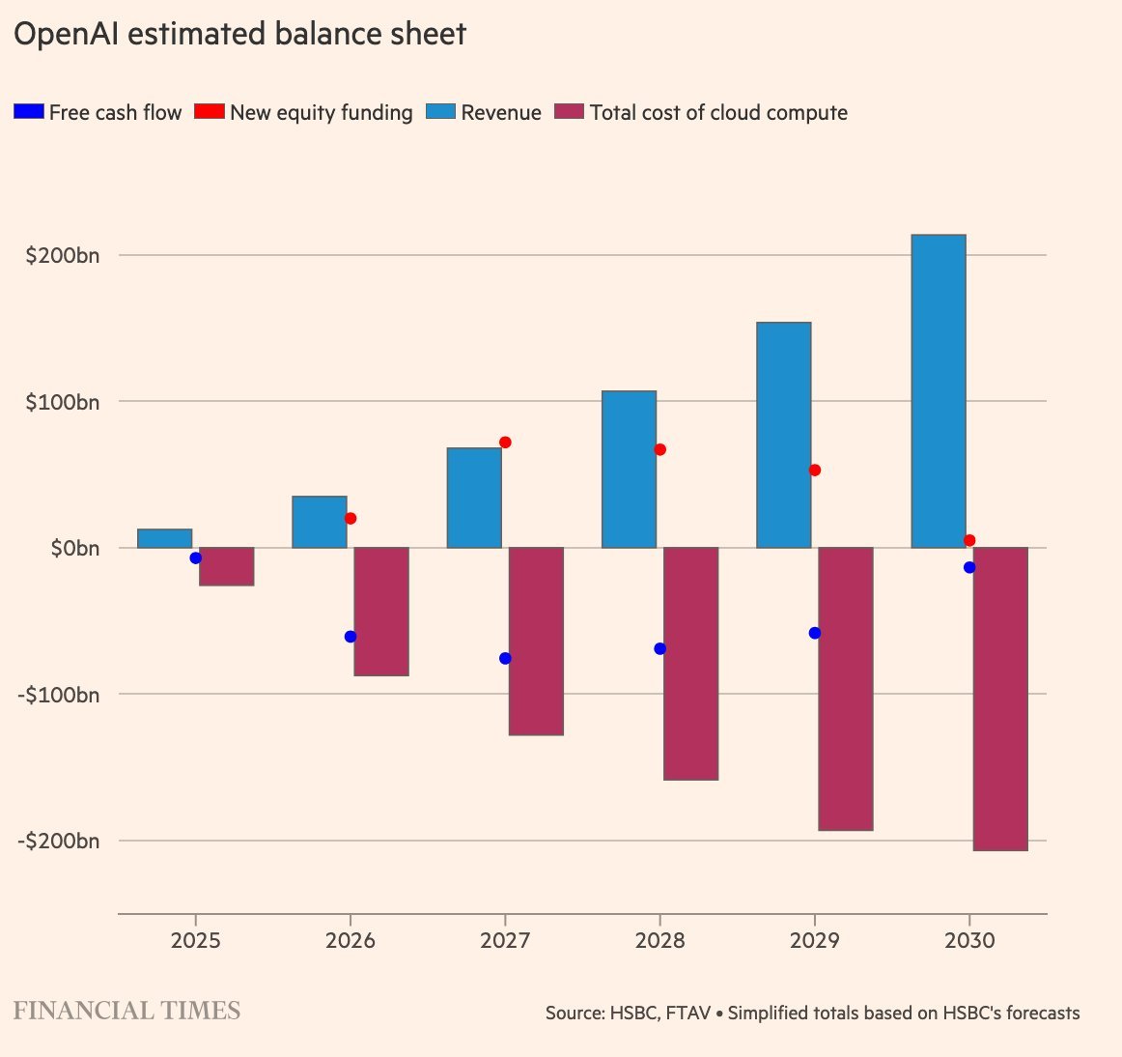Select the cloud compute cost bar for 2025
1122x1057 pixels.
pos(227,566)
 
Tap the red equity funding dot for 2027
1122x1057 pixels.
pos(505,443)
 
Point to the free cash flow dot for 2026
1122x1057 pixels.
pos(351,637)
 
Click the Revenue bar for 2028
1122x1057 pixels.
pos(629,470)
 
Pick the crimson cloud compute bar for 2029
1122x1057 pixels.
pos(846,689)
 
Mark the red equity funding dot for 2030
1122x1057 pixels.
pos(969,540)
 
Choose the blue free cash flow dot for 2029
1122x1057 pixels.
pos(815,633)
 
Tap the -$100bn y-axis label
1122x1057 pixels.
pos(59,695)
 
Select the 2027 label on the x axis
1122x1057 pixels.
pos(505,941)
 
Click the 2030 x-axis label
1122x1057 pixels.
pos(969,941)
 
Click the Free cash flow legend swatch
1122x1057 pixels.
pos(28,112)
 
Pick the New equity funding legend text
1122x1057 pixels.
pos(321,113)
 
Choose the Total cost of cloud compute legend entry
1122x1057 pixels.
pos(717,113)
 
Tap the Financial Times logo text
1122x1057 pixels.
pos(126,1012)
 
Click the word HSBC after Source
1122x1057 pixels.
pos(632,1014)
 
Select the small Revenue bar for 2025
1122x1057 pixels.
pos(165,538)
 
